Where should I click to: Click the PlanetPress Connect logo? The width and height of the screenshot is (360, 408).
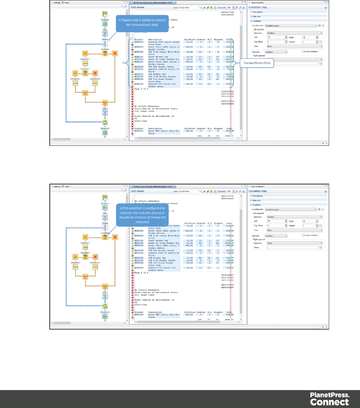[329, 399]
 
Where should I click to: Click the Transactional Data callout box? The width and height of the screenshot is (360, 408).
[257, 63]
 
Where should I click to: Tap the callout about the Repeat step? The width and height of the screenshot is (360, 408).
[142, 23]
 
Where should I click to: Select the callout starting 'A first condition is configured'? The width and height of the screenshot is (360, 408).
[142, 215]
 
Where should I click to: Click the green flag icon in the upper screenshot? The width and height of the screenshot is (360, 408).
[105, 14]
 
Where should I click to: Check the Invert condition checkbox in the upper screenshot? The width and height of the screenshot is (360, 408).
[303, 51]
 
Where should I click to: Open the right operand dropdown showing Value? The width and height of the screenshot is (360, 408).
[294, 243]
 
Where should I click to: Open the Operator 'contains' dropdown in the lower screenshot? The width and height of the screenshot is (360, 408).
[276, 236]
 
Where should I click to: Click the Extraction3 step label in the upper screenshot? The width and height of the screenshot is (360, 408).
[105, 128]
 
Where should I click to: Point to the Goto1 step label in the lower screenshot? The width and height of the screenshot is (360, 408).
[105, 292]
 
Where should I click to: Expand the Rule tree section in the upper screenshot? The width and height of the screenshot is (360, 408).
[256, 16]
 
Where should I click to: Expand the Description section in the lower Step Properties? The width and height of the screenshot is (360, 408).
[257, 196]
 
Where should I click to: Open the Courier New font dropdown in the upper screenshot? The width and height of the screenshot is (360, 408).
[190, 8]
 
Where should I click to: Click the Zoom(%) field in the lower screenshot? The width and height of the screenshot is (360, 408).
[229, 191]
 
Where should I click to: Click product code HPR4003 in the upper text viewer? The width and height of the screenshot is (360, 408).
[139, 42]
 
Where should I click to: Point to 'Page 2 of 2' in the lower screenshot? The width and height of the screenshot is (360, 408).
[141, 273]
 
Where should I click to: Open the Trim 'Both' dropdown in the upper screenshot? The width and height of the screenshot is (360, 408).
[294, 46]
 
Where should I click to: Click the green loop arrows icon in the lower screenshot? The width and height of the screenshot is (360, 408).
[105, 306]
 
